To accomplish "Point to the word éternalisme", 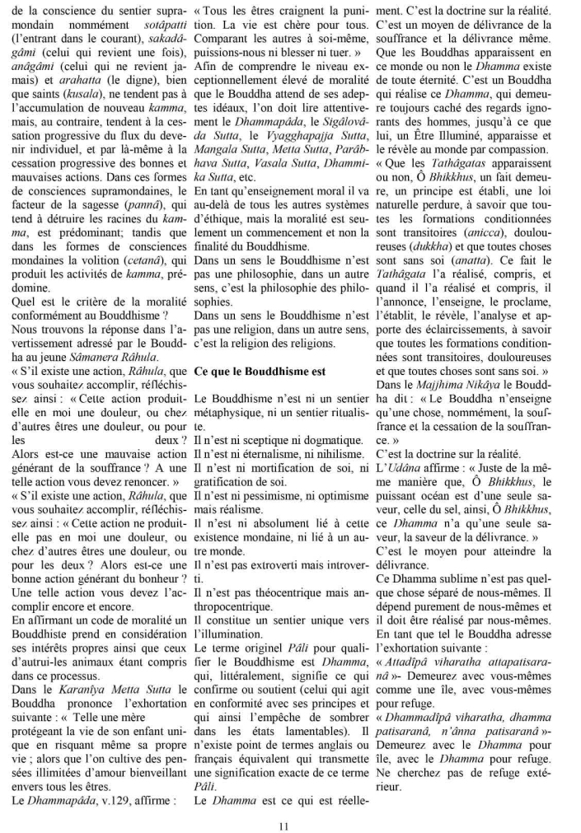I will coord(252,456).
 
